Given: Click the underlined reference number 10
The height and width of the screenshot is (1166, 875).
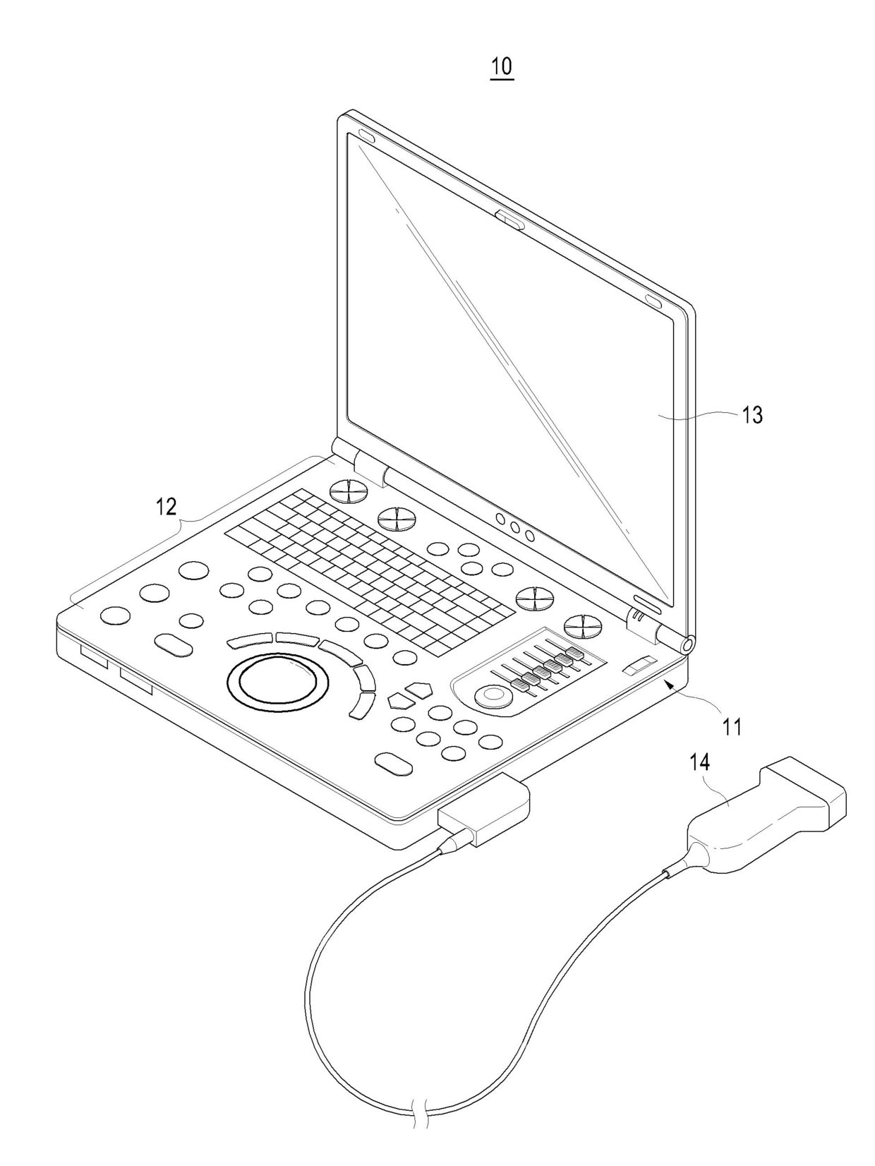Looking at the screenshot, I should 502,66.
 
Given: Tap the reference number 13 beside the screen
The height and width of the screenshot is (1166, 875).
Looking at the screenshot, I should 752,414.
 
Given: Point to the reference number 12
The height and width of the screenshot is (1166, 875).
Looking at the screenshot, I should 167,507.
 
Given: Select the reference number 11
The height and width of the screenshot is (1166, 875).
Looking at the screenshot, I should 732,726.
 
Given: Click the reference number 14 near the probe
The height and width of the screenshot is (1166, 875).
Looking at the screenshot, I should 699,762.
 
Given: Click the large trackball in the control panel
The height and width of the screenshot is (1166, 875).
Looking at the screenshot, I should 277,683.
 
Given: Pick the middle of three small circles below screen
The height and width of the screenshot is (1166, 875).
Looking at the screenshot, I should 515,527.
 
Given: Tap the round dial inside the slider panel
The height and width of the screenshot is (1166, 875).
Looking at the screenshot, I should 493,696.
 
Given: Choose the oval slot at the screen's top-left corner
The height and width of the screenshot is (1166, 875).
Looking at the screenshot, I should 366,135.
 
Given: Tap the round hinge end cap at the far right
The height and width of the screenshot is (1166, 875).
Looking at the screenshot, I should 686,643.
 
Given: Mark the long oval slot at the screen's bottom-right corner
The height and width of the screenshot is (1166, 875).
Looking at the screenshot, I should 648,604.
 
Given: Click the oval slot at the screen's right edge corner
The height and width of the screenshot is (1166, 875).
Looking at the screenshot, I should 654,301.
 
